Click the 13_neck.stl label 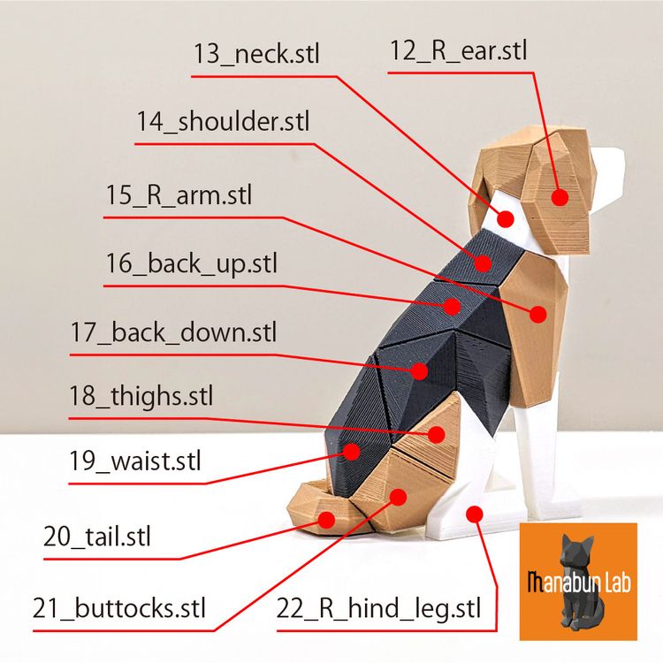256,54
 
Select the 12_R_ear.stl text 458,50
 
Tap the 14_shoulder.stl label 223,121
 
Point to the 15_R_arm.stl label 179,195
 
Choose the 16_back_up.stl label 191,263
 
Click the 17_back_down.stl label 173,332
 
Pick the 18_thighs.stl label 141,396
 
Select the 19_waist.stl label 135,461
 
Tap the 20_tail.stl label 97,537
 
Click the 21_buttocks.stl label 118,608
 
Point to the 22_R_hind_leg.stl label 378,609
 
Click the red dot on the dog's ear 560,197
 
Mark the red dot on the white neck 506,219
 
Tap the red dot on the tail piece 326,520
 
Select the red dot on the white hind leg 475,514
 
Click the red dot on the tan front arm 538,314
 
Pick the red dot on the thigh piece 437,434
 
